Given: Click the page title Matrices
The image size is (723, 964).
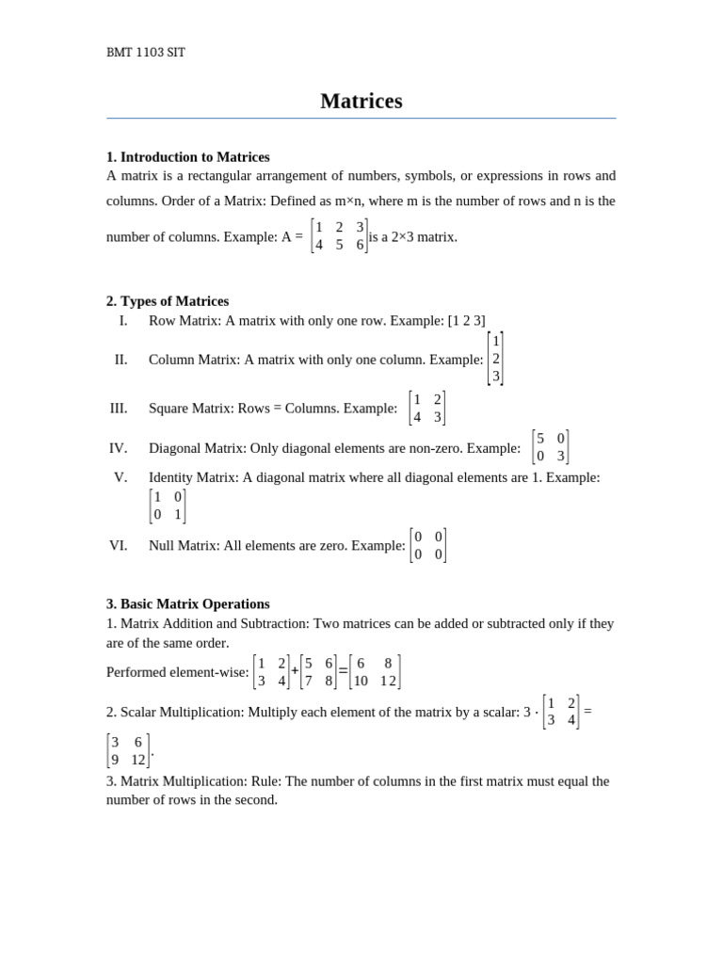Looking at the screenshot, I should [x=361, y=101].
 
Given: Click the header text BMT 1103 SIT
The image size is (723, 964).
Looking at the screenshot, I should [x=146, y=53].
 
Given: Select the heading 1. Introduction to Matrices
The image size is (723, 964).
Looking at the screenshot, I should [x=188, y=157].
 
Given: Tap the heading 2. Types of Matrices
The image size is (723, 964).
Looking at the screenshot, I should [x=168, y=301].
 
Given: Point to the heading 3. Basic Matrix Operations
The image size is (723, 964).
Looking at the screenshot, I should [x=188, y=603].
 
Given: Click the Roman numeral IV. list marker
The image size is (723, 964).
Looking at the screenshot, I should [x=119, y=448].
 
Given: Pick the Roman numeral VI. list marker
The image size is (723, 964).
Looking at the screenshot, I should [x=119, y=545].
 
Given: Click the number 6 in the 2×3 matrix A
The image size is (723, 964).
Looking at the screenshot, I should [x=360, y=245].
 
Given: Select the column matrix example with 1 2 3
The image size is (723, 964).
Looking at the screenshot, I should [x=496, y=359].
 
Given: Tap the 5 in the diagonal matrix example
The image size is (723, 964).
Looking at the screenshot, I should [x=540, y=439].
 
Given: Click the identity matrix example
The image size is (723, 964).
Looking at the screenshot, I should [x=168, y=506].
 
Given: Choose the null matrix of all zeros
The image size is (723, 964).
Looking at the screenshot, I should [x=428, y=546].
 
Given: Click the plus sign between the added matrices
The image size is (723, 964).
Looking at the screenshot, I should [x=295, y=671].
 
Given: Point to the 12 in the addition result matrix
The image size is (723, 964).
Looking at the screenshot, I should [x=388, y=681].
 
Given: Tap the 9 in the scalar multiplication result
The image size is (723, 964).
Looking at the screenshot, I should [x=115, y=760].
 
